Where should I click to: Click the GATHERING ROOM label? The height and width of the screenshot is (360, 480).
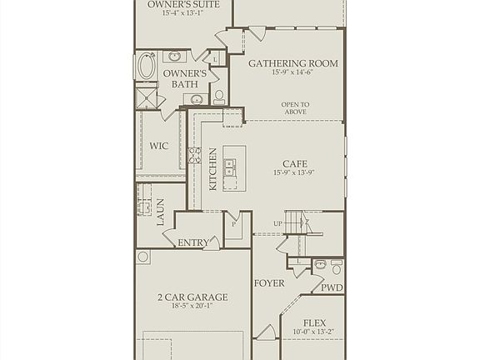287,62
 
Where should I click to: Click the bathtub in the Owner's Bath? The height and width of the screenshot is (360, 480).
147,66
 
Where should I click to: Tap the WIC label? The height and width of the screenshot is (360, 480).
159,146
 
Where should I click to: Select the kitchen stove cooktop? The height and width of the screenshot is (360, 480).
194,155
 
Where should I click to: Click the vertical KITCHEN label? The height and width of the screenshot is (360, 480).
213,169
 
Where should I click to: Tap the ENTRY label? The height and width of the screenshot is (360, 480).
193,242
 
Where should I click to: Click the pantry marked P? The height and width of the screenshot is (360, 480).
233,224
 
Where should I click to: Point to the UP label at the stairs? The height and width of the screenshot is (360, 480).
278,224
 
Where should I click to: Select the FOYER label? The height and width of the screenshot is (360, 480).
269,282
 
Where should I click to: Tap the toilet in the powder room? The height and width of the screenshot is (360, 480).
337,267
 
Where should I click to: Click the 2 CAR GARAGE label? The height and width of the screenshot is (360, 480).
192,297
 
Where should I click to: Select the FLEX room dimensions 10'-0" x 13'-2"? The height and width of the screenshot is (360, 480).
313,333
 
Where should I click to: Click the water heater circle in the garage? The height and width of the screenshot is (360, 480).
143,257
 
